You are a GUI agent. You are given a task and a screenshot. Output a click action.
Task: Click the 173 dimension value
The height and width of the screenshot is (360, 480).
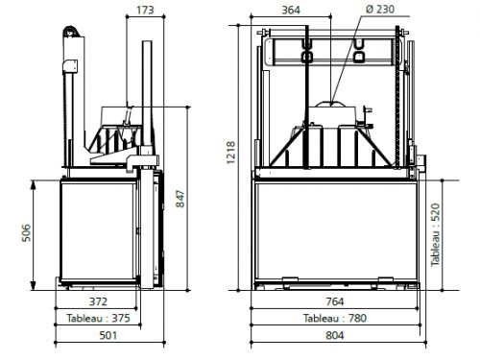click(x=145, y=10)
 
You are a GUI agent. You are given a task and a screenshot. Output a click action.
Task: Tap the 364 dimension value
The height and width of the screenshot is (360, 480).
click(x=291, y=10)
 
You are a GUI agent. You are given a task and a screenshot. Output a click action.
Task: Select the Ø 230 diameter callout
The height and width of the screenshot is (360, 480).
click(x=380, y=9)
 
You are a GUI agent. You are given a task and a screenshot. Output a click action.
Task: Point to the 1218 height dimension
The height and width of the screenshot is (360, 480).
click(x=230, y=153)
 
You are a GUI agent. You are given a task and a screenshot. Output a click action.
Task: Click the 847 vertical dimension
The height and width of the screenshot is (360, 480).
click(x=180, y=199)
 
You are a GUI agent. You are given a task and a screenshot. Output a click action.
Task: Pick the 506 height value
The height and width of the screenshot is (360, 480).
click(x=27, y=232)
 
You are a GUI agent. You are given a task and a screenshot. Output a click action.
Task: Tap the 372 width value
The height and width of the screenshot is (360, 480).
click(x=98, y=301)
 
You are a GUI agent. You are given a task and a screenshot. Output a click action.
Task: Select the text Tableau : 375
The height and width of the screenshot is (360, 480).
click(x=98, y=318)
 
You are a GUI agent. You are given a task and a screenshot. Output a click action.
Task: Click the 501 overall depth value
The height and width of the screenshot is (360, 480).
click(x=108, y=335)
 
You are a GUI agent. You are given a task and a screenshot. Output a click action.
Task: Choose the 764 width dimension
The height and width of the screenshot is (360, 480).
click(x=335, y=301)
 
